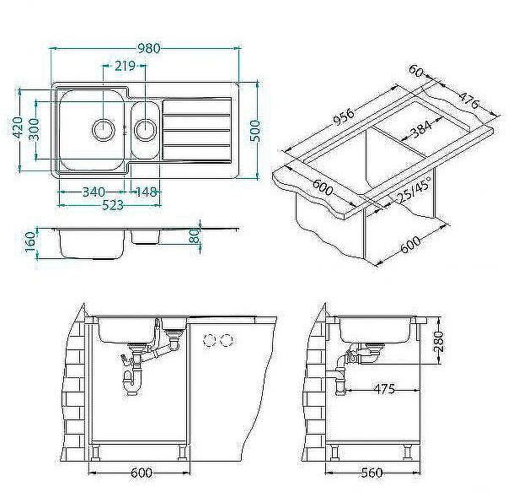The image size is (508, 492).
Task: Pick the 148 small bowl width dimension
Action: click(x=145, y=192)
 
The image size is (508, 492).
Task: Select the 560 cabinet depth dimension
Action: click(x=371, y=471)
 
